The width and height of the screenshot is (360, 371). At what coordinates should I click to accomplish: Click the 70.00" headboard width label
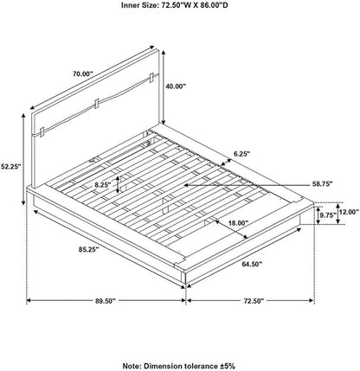[x=82, y=74]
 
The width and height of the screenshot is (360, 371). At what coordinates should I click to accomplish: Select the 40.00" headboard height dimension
[x=176, y=86]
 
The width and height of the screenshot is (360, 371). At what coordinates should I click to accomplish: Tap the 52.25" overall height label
[x=10, y=166]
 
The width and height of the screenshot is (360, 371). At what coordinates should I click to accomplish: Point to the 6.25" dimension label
[x=241, y=154]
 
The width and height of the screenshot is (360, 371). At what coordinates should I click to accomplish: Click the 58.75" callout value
[x=322, y=183]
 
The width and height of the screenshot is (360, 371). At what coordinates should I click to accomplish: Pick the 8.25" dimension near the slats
[x=103, y=185]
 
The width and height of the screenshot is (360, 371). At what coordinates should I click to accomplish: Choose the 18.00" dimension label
[x=238, y=223]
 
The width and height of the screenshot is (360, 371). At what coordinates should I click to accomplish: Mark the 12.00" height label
[x=350, y=213]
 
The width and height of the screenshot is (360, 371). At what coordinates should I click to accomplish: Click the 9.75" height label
[x=328, y=215]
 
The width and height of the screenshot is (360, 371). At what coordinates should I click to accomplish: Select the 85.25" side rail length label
[x=88, y=249]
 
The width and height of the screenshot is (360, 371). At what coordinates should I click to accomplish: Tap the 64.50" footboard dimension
[x=252, y=264]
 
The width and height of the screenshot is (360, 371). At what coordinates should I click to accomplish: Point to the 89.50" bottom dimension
[x=106, y=301]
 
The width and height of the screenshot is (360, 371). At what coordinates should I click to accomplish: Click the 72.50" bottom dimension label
[x=254, y=301]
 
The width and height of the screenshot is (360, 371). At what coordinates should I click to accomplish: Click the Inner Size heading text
[x=174, y=5]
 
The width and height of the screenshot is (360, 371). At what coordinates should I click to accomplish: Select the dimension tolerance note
[x=179, y=366]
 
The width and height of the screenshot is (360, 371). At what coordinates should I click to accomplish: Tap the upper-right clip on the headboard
[x=151, y=77]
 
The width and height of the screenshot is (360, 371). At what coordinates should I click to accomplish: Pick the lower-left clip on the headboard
[x=42, y=132]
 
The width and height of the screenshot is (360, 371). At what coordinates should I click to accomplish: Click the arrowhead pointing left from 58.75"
[x=187, y=185]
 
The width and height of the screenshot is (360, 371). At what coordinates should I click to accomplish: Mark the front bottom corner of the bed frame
[x=185, y=284]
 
